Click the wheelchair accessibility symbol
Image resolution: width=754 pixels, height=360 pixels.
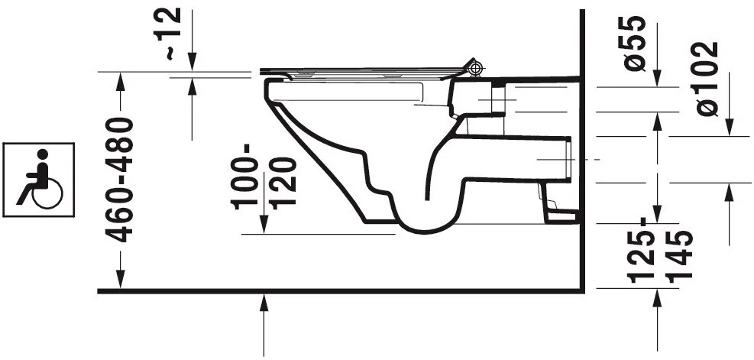[38, 180]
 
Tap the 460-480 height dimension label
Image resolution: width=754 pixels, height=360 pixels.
[119, 180]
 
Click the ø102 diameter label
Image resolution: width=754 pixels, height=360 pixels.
[707, 79]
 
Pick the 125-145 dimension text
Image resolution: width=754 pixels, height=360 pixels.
[661, 249]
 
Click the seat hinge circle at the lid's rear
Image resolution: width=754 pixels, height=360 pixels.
[475, 68]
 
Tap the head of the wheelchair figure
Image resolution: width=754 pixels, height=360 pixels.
[43, 154]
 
